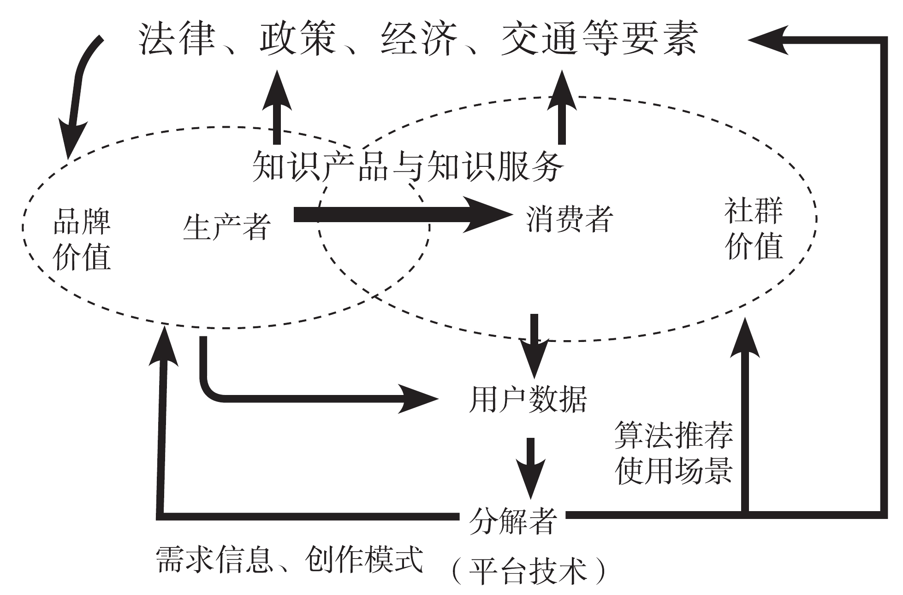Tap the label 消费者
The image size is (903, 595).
click(570, 218)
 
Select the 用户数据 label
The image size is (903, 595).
click(528, 399)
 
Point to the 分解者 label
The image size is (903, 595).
click(512, 520)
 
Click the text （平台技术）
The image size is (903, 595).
click(529, 571)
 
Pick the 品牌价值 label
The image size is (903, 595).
click(82, 238)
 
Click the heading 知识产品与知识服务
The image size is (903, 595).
click(408, 166)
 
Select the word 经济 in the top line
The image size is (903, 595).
click(419, 39)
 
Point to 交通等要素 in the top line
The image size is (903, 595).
click(600, 39)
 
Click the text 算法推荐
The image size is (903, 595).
click(674, 436)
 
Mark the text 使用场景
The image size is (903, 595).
click(674, 470)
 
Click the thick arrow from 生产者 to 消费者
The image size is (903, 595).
click(401, 214)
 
